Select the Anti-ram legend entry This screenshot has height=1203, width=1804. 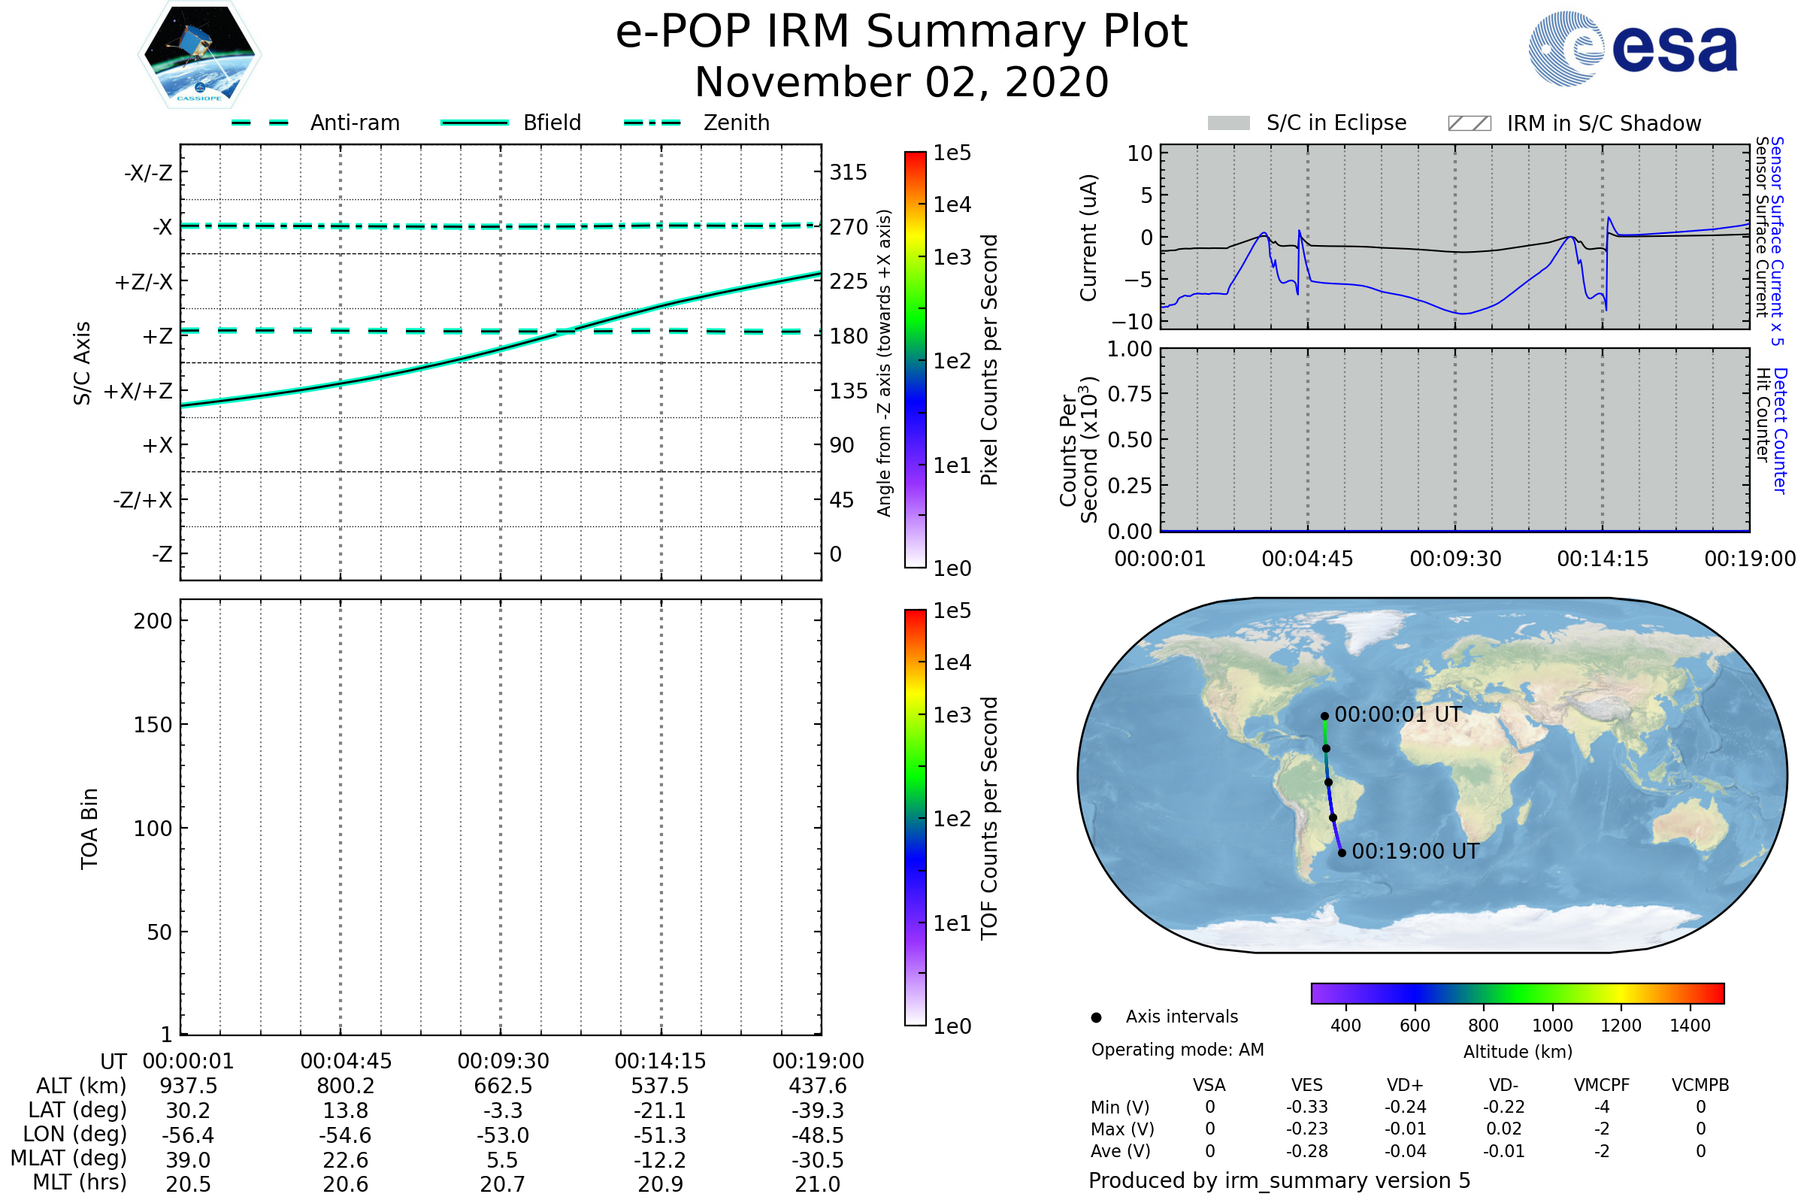tap(354, 123)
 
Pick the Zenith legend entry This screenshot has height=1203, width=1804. tap(736, 123)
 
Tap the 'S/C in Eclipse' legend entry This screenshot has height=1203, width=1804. tap(1336, 123)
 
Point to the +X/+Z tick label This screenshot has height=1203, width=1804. tap(138, 391)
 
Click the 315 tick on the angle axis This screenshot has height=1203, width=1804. tap(849, 172)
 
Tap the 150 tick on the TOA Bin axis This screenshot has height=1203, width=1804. tap(153, 725)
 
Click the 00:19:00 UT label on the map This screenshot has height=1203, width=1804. tap(1415, 852)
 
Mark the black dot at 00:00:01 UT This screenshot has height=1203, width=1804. tap(1324, 717)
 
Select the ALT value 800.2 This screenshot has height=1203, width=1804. tap(345, 1086)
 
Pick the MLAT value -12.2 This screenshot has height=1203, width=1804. tap(660, 1160)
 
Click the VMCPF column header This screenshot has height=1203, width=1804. tap(1602, 1086)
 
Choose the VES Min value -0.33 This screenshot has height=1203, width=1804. tap(1307, 1107)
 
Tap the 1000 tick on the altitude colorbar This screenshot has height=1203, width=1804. tap(1552, 1026)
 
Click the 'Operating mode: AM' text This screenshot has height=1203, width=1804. tap(1177, 1050)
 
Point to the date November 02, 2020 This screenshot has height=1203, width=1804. tap(901, 82)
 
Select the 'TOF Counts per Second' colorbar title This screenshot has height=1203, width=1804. tap(989, 818)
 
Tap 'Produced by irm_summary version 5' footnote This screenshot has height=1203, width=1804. tap(1279, 1180)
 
